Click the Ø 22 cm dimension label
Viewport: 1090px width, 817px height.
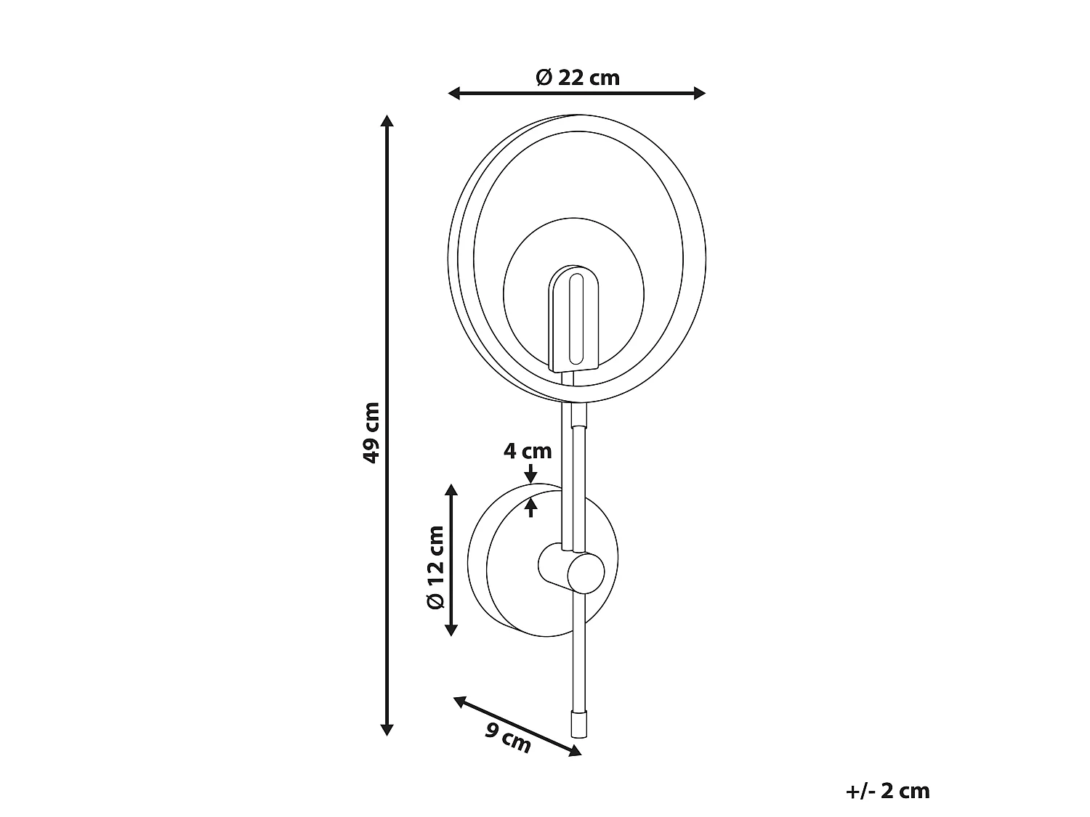(578, 78)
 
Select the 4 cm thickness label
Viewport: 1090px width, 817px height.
(528, 451)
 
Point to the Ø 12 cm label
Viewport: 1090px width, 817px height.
(435, 567)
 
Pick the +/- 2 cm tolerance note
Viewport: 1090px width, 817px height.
(887, 791)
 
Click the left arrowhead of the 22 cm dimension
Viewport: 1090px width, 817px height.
(454, 93)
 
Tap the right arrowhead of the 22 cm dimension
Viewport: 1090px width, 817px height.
(699, 93)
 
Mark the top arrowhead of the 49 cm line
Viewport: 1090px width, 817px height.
(387, 121)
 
